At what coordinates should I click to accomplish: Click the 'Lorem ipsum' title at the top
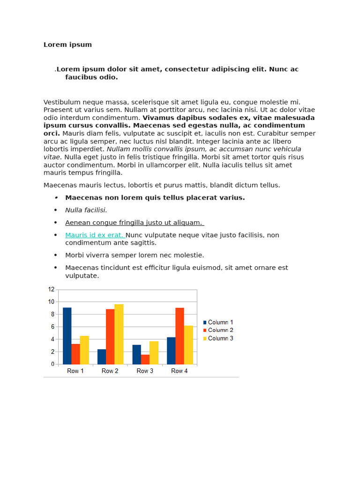coord(67,45)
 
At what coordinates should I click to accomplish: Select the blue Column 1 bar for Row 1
coord(67,336)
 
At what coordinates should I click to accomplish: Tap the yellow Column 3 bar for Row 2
coord(119,334)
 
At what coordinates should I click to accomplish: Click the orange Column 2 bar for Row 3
coord(145,359)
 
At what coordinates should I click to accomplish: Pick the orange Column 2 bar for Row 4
coord(180,336)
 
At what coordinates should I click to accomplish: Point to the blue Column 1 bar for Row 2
coord(102,356)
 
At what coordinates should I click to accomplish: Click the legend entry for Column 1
coord(218,322)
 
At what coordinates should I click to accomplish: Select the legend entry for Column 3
coord(218,338)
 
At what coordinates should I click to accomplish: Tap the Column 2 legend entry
coord(218,330)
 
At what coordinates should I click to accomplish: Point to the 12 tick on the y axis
coord(51,289)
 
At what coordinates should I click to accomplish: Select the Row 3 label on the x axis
coord(145,371)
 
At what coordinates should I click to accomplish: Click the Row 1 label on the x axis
coord(75,371)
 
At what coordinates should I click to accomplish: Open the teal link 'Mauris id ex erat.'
coord(94,235)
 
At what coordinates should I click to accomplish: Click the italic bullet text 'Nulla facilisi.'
coord(86,210)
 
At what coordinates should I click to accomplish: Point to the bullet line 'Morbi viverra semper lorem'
coord(135,255)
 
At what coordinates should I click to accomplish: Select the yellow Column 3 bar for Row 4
coord(188,345)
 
